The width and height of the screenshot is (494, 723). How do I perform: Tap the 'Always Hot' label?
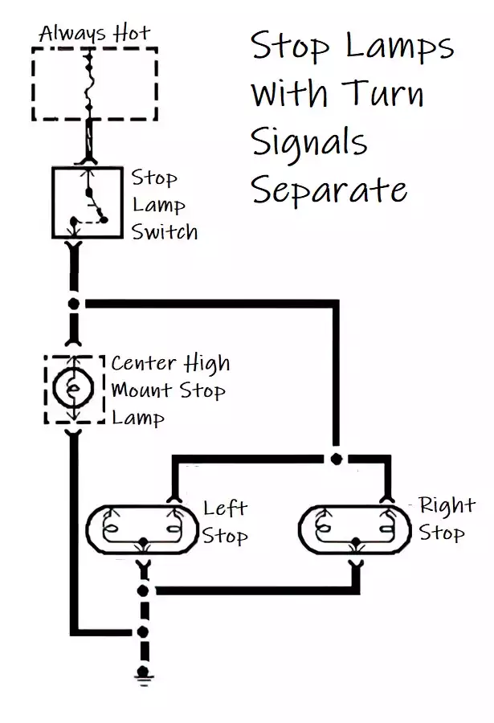click(x=94, y=33)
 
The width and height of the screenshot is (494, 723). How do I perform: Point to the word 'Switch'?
click(x=165, y=232)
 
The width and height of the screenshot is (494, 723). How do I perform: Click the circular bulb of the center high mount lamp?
click(x=74, y=388)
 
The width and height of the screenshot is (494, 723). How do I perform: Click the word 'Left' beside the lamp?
click(x=225, y=508)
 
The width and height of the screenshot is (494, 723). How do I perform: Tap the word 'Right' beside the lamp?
click(x=447, y=505)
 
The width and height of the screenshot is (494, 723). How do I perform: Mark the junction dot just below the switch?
click(x=75, y=304)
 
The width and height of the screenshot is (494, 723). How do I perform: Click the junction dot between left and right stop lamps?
click(x=336, y=459)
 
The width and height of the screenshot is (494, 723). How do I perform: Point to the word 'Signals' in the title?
click(x=309, y=143)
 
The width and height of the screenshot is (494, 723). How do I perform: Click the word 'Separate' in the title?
click(x=329, y=190)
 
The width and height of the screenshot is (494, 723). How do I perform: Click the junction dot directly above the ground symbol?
click(x=144, y=631)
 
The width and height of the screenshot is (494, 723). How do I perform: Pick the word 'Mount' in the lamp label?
click(x=141, y=391)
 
